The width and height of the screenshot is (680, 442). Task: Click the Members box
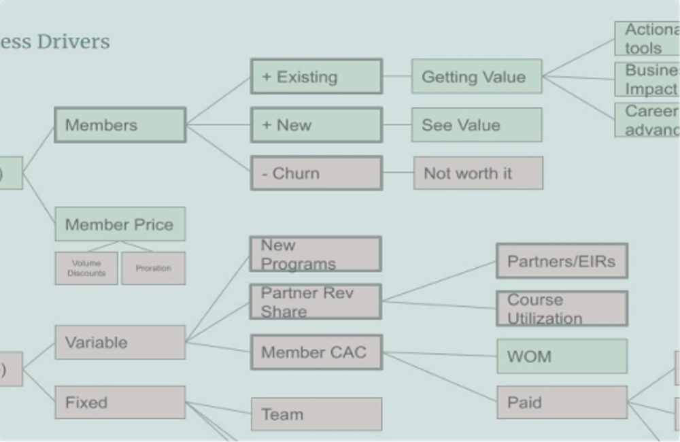tap(120, 125)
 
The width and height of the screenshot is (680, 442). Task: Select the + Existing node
tap(316, 76)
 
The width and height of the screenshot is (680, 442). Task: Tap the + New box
tap(316, 125)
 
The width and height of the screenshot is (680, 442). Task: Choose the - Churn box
tap(316, 173)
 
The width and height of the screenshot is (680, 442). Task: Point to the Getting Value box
tap(476, 76)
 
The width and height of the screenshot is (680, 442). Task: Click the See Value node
tap(476, 125)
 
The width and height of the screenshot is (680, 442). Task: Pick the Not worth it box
tap(478, 173)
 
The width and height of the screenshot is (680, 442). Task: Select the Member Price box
tap(120, 224)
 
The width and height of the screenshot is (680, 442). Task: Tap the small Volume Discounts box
tap(86, 268)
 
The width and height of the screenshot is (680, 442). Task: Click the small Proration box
tap(153, 268)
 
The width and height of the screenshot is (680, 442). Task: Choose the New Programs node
tap(316, 254)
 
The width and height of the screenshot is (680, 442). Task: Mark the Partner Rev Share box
tap(316, 302)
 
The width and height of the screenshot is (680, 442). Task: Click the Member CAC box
tap(316, 352)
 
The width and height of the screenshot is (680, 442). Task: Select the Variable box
tap(120, 343)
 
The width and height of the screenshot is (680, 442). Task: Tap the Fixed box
tap(120, 403)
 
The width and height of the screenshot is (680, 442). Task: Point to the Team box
tap(316, 414)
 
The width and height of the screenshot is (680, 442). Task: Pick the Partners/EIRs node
tap(562, 261)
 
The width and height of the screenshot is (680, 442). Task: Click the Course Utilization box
tap(562, 309)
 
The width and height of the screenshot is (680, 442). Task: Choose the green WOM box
tap(562, 356)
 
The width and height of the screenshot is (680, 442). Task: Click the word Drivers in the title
tap(73, 41)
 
